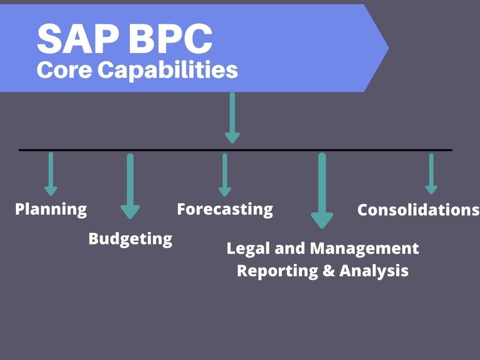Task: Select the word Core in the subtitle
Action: click(65, 69)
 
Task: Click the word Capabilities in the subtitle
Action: click(167, 70)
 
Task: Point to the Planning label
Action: click(51, 210)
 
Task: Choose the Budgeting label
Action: click(131, 239)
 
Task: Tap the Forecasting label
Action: click(225, 210)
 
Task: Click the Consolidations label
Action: click(418, 210)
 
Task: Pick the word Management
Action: click(364, 249)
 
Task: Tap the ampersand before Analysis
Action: click(329, 270)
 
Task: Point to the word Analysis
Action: click(374, 271)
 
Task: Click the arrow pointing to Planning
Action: click(51, 174)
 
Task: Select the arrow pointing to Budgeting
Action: click(130, 186)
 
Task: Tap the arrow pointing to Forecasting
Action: click(225, 175)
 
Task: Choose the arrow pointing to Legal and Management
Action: click(322, 190)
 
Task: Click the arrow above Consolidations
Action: click(431, 174)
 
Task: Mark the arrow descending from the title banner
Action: click(233, 118)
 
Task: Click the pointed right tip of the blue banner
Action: click(389, 48)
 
